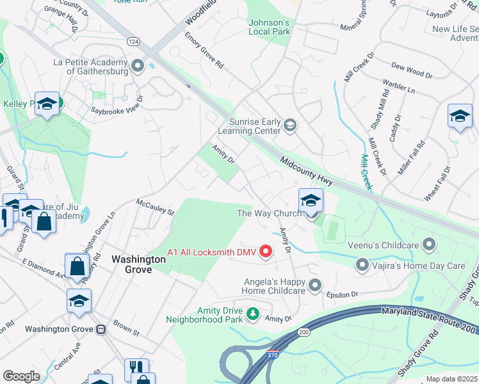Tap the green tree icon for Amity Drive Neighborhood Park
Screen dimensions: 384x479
pyautogui.click(x=254, y=314)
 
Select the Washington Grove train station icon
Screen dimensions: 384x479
pyautogui.click(x=101, y=330)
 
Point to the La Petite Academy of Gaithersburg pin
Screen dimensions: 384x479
pyautogui.click(x=137, y=66)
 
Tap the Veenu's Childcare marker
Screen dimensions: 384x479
pyautogui.click(x=428, y=244)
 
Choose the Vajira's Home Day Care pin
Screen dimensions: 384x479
pyautogui.click(x=362, y=264)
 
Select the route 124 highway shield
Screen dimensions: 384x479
pyautogui.click(x=133, y=41)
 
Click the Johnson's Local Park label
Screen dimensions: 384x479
pyautogui.click(x=269, y=27)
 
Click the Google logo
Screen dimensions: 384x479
pyautogui.click(x=21, y=376)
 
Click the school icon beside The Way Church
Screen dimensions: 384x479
pyautogui.click(x=311, y=200)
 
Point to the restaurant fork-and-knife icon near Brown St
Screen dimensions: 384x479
pyautogui.click(x=136, y=367)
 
